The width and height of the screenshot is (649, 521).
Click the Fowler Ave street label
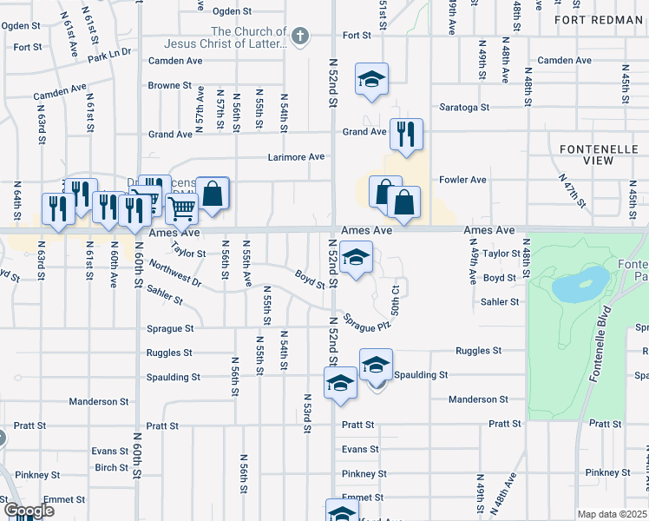463,180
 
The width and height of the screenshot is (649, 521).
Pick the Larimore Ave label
298,157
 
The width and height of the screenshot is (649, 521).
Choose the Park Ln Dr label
108,55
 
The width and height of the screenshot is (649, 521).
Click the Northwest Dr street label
175,273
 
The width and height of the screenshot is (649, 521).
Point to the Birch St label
112,467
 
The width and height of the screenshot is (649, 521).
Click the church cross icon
299,36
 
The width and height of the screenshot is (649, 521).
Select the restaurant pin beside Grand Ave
406,134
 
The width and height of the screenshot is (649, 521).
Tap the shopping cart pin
181,208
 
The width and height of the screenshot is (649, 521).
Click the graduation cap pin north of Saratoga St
371,81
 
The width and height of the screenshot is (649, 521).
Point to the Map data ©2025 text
613,514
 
